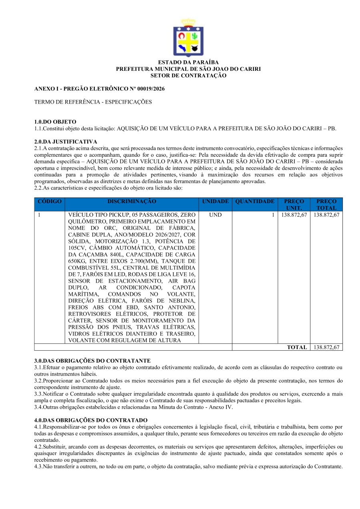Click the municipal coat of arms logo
[188, 38]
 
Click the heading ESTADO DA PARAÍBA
[188, 62]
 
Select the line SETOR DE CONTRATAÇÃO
[188, 75]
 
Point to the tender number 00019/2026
[151, 89]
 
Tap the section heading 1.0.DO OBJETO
[55, 122]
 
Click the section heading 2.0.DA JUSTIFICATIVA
[66, 142]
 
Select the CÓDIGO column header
[50, 202]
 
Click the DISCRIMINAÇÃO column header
[132, 202]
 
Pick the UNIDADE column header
[215, 202]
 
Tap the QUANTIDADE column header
[255, 202]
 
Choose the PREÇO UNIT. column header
[294, 204]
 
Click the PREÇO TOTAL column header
[326, 204]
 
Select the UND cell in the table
[215, 215]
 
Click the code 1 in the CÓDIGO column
[39, 215]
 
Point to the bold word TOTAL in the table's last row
[297, 347]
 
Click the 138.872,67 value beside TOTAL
[326, 347]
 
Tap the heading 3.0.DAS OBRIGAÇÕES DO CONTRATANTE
[92, 361]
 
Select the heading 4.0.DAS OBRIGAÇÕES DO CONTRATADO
[91, 420]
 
